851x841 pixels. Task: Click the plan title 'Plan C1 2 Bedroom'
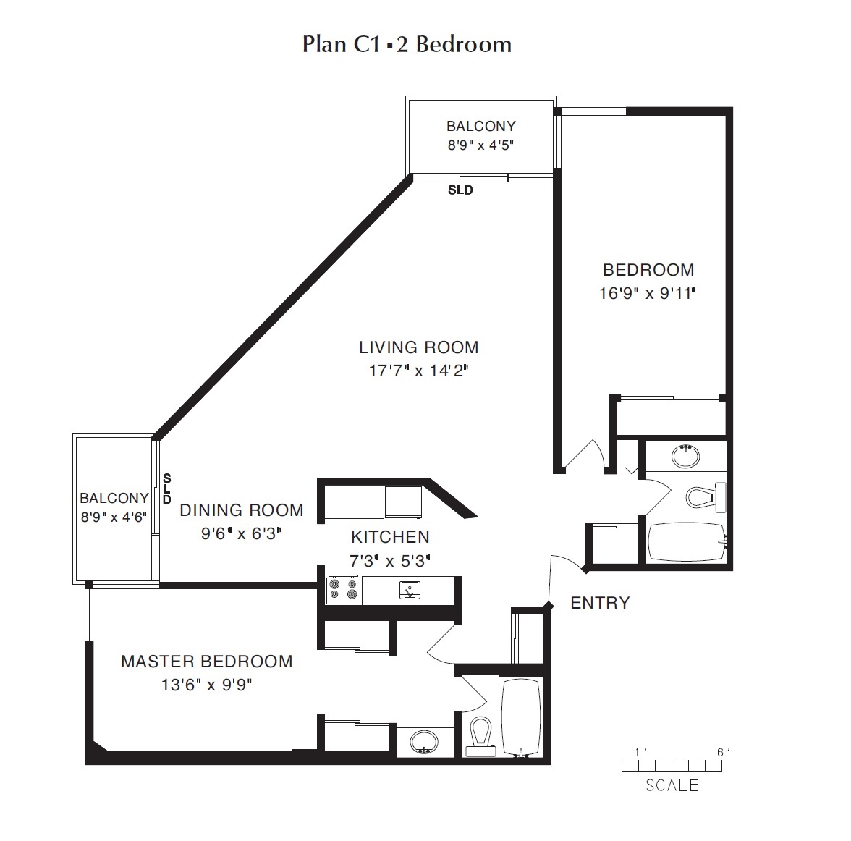pos(407,45)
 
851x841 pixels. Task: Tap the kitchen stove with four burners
pos(344,589)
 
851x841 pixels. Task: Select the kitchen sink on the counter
pos(409,590)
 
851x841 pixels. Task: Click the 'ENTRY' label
pos(600,603)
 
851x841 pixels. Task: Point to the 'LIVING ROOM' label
pos(418,347)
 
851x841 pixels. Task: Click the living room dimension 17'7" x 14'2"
pos(418,371)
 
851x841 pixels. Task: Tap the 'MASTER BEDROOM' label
pos(206,661)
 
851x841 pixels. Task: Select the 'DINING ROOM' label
pos(241,510)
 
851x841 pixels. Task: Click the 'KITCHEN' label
pos(390,537)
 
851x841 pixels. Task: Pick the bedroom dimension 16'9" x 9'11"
pos(648,294)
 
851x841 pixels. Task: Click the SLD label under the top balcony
pos(460,190)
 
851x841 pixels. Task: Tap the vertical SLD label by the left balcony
pos(167,489)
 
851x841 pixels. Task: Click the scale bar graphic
pos(672,766)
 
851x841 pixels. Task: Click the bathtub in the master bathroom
pos(520,717)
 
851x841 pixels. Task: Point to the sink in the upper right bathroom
pos(685,457)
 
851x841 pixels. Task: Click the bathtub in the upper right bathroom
pos(685,543)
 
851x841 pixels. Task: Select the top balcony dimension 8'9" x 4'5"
pos(480,145)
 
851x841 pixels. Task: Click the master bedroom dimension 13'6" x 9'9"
pos(206,685)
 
